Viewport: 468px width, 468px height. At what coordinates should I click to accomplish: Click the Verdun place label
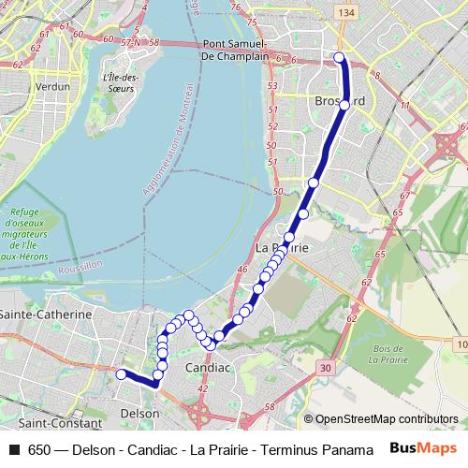(x=53, y=85)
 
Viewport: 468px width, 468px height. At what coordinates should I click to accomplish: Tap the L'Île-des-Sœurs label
(x=120, y=82)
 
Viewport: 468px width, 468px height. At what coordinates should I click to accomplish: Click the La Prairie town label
(x=282, y=247)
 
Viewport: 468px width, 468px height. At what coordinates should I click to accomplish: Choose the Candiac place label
(x=207, y=368)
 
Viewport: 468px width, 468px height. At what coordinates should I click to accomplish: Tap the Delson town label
(x=140, y=412)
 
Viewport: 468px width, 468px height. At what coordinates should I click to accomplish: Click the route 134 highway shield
(x=347, y=11)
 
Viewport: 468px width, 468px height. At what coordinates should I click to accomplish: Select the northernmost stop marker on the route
(x=339, y=58)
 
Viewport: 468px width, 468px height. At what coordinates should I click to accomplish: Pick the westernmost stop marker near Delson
(x=120, y=373)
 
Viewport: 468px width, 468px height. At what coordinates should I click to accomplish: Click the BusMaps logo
(x=417, y=449)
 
